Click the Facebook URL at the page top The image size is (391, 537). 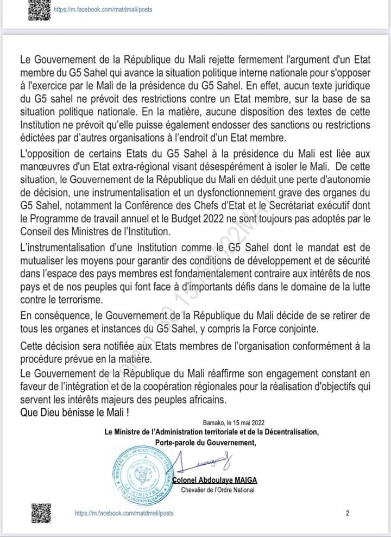coord(103,10)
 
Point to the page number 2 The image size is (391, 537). coord(347,513)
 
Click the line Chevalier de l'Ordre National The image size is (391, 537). coord(218,490)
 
